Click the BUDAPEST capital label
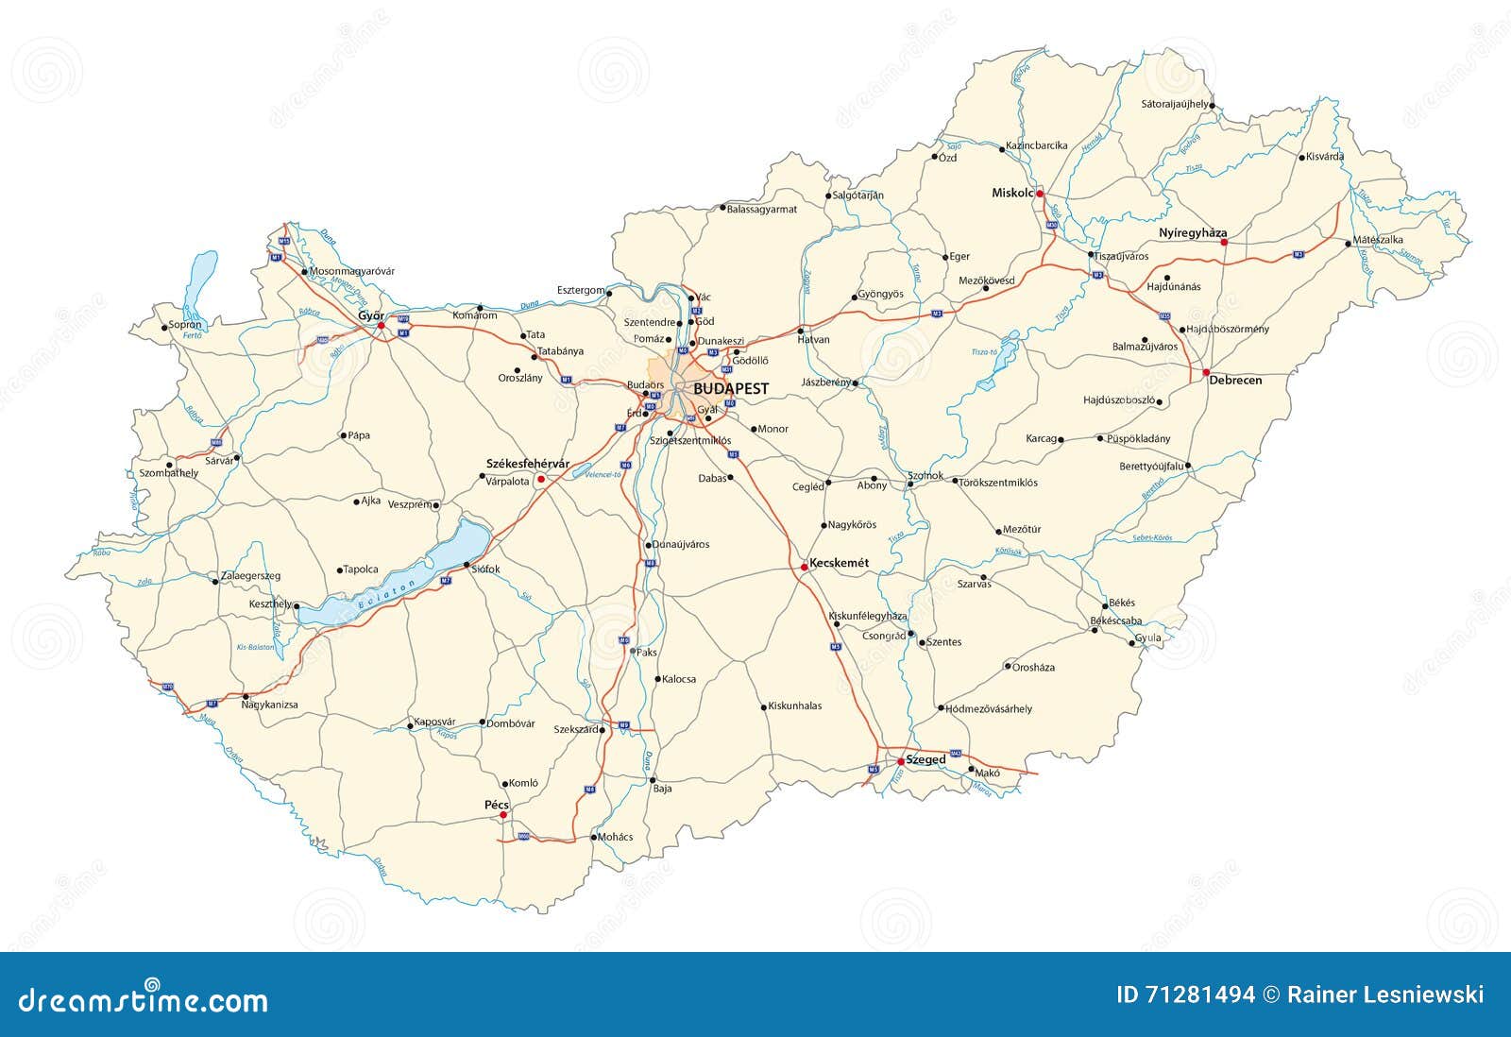pos(731,388)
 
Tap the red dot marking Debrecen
pos(1206,373)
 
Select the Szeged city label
pos(926,759)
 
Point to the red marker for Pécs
pos(503,814)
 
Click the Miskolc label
pos(1012,193)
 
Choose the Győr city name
pos(369,314)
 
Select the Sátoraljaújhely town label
pos(1174,103)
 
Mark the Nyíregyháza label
pos(1193,232)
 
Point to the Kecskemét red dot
pos(804,568)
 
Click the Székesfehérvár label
pos(528,463)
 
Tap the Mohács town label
pos(616,837)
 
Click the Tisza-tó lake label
pos(984,351)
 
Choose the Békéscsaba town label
pos(1115,620)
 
